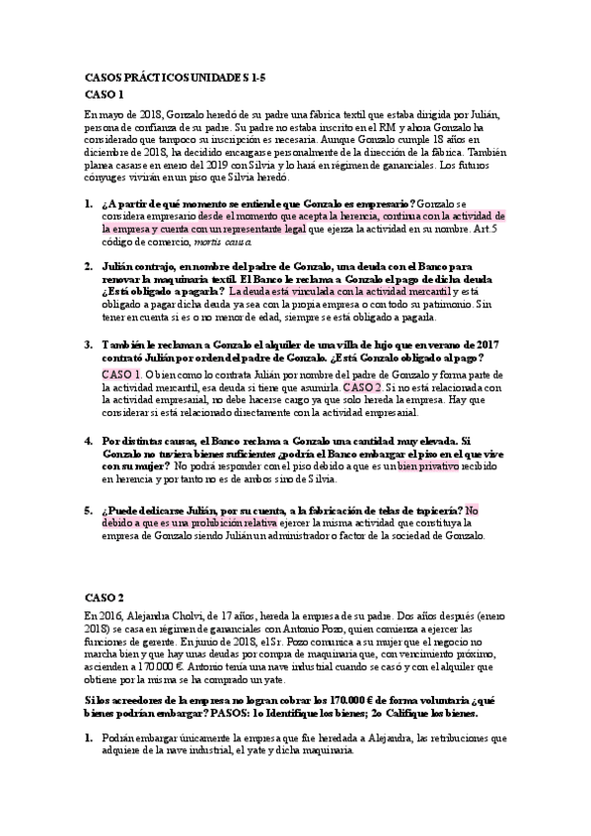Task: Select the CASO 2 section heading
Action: (105, 596)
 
